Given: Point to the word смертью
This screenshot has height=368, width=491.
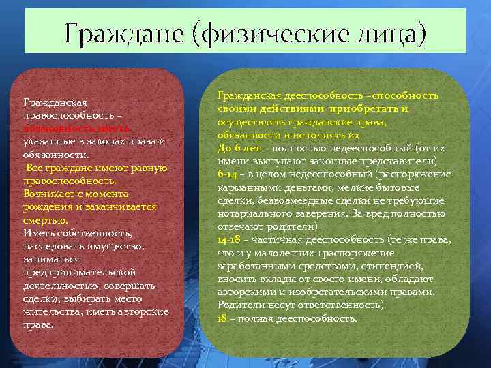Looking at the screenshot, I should point(45,220).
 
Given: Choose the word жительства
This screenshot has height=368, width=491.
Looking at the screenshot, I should point(50,311).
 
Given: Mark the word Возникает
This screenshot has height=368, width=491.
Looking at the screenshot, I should point(49,194).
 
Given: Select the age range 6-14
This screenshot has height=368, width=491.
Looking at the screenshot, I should point(227,174).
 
